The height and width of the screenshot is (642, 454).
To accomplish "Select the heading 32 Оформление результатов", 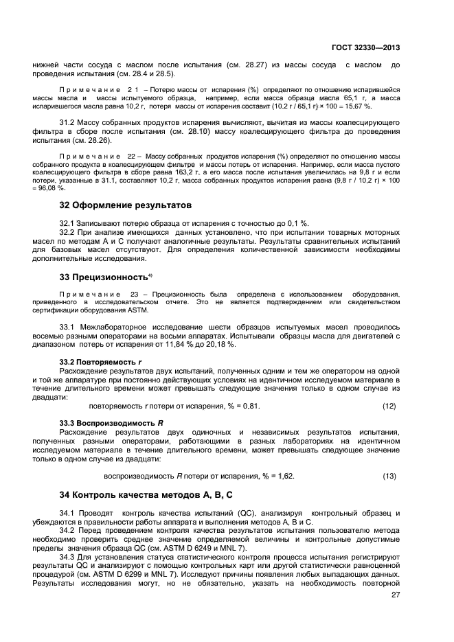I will [x=124, y=205].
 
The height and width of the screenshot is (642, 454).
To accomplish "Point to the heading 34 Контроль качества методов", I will [x=137, y=494].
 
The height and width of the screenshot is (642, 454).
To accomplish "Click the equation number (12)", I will [x=389, y=406].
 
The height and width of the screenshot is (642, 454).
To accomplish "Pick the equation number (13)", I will [x=389, y=476].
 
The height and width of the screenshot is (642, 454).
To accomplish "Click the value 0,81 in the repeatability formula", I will [x=251, y=406].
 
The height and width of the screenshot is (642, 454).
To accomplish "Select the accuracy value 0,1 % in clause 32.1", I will [x=298, y=224].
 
